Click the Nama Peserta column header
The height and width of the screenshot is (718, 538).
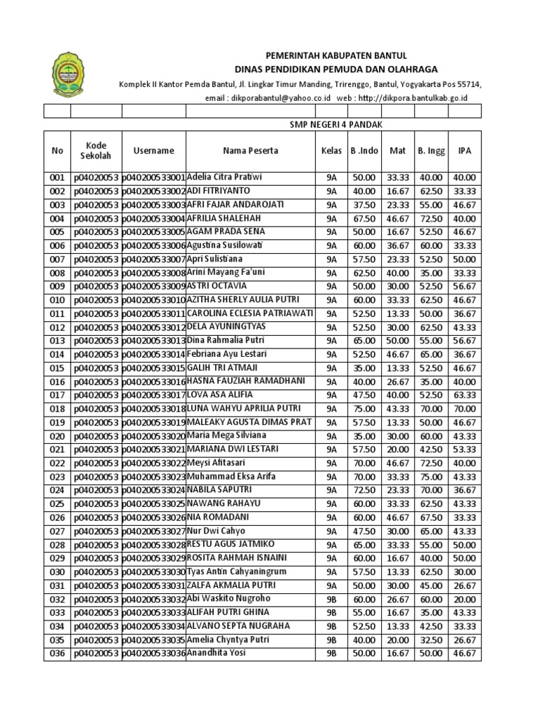pyautogui.click(x=250, y=151)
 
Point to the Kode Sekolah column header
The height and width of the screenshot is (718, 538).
pyautogui.click(x=95, y=150)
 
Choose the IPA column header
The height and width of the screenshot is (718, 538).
pyautogui.click(x=464, y=151)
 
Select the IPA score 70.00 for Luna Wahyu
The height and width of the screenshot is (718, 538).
pyautogui.click(x=464, y=409)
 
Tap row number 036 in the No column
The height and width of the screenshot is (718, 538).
pyautogui.click(x=57, y=653)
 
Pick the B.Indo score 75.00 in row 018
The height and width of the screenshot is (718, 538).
pyautogui.click(x=364, y=409)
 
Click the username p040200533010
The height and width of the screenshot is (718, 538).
pyautogui.click(x=153, y=300)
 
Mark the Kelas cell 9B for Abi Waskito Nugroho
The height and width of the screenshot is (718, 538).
pyautogui.click(x=331, y=600)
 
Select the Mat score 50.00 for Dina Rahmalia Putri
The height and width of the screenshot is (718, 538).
pyautogui.click(x=397, y=341)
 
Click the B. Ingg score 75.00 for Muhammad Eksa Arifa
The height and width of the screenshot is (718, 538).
pyautogui.click(x=430, y=477)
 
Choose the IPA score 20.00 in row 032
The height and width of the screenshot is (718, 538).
pyautogui.click(x=464, y=600)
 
